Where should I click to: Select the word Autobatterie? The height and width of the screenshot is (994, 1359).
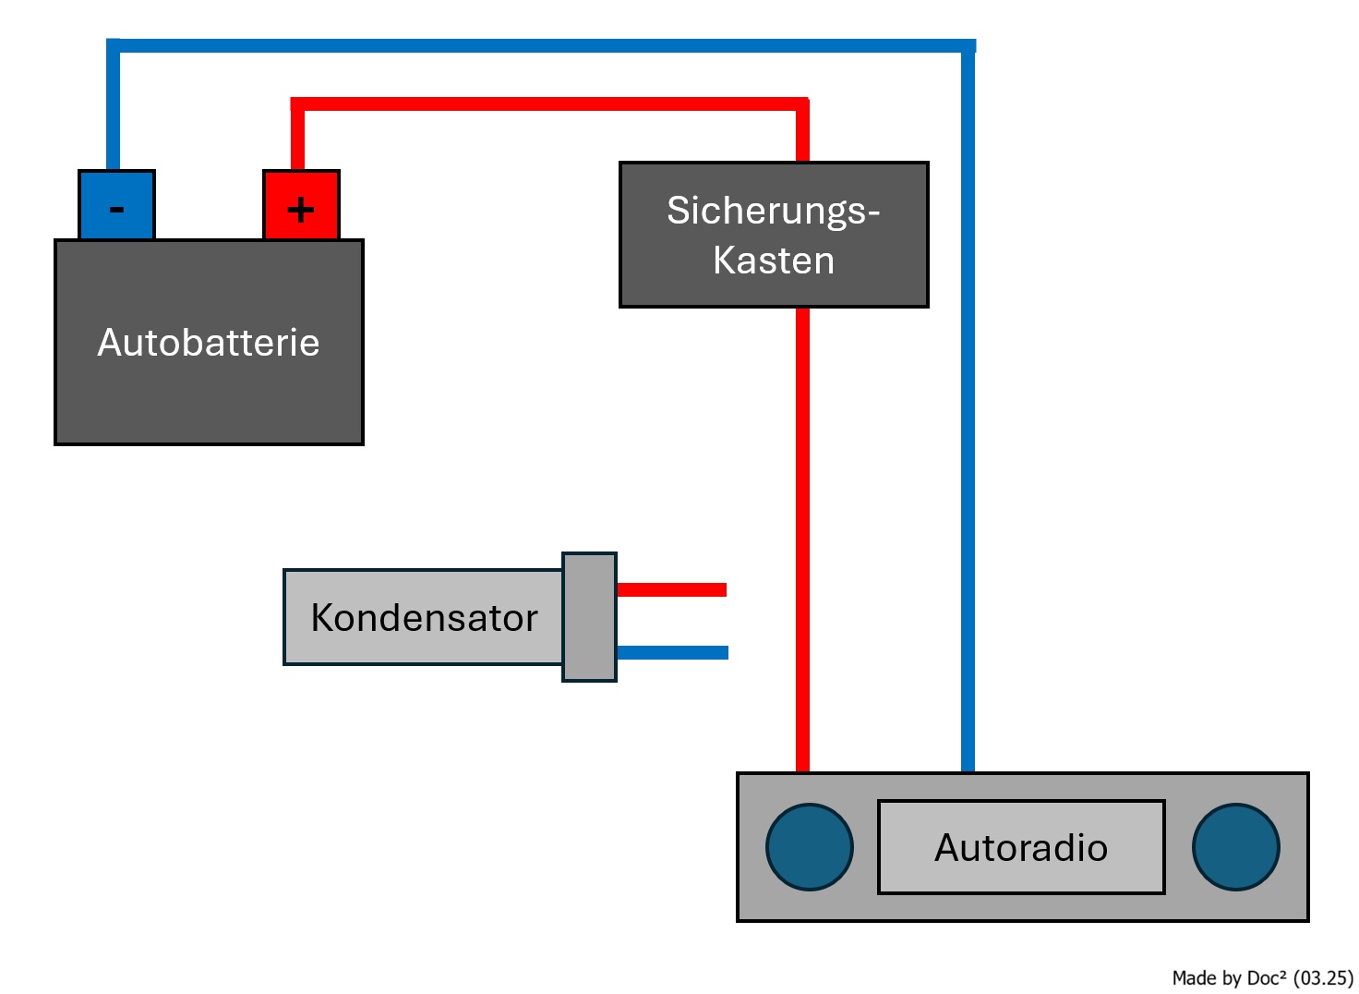click(x=209, y=343)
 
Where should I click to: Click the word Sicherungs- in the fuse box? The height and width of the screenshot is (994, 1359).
click(x=773, y=211)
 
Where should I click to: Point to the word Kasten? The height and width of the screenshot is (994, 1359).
click(x=774, y=261)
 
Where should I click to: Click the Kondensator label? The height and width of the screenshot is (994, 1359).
click(x=424, y=618)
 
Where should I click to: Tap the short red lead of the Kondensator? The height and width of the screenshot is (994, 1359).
click(x=671, y=589)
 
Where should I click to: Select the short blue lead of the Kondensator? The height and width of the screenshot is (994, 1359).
click(x=672, y=652)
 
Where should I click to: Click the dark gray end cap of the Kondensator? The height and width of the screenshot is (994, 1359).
click(x=589, y=617)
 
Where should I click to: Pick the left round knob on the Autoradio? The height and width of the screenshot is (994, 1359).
click(x=810, y=847)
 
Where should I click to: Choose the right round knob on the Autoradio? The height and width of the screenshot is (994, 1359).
click(x=1235, y=847)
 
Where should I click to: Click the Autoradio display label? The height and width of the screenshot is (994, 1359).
click(x=1021, y=847)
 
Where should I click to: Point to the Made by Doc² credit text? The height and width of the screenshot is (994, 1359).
click(x=1229, y=977)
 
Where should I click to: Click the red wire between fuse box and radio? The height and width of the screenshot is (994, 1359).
click(x=803, y=536)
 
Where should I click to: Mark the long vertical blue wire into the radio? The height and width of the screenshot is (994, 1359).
click(x=968, y=416)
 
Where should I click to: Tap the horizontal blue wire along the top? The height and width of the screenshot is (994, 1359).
click(x=545, y=45)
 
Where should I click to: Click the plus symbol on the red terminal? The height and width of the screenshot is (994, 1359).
click(x=301, y=211)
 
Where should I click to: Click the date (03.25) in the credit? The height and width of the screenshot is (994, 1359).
click(x=1323, y=977)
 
